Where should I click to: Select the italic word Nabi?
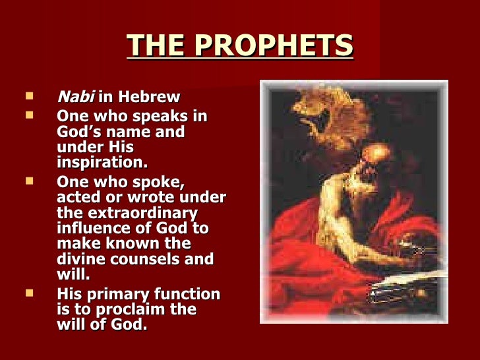[76, 98]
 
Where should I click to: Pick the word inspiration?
[102, 162]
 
